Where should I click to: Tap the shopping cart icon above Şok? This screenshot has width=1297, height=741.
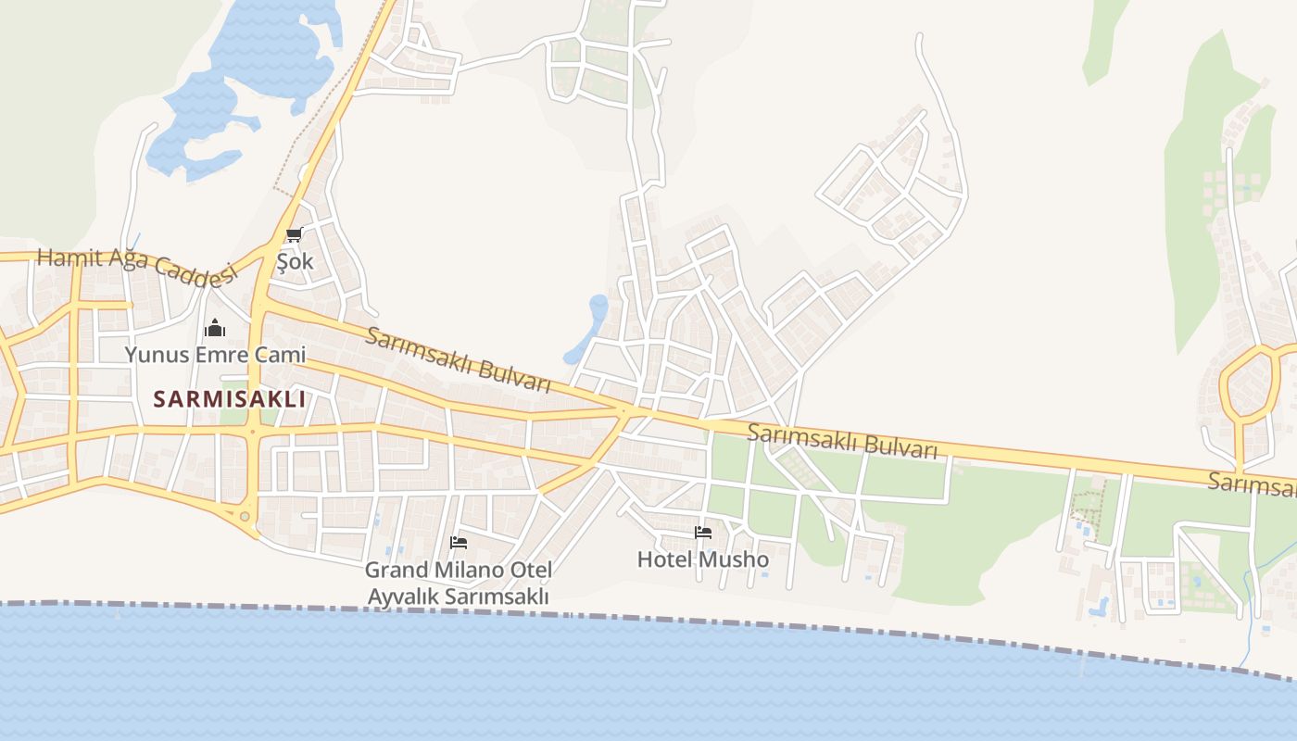click(x=295, y=234)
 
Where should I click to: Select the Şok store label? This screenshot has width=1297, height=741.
click(x=296, y=261)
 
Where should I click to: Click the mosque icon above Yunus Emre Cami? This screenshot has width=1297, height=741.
click(x=215, y=328)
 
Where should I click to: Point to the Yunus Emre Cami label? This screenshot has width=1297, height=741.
click(x=215, y=354)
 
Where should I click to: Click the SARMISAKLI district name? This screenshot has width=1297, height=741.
click(x=229, y=399)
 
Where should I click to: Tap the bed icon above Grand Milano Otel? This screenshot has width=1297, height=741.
click(x=459, y=543)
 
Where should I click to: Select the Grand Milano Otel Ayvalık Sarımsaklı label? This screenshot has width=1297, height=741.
click(x=459, y=584)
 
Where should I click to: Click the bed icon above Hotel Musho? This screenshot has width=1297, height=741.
click(x=703, y=533)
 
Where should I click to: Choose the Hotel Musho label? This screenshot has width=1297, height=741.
click(x=703, y=559)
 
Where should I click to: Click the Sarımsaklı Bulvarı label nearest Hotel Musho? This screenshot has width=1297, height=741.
click(x=841, y=439)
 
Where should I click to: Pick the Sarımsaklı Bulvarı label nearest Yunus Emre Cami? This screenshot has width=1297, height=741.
click(x=458, y=359)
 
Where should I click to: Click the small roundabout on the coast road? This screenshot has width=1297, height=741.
click(x=245, y=517)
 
